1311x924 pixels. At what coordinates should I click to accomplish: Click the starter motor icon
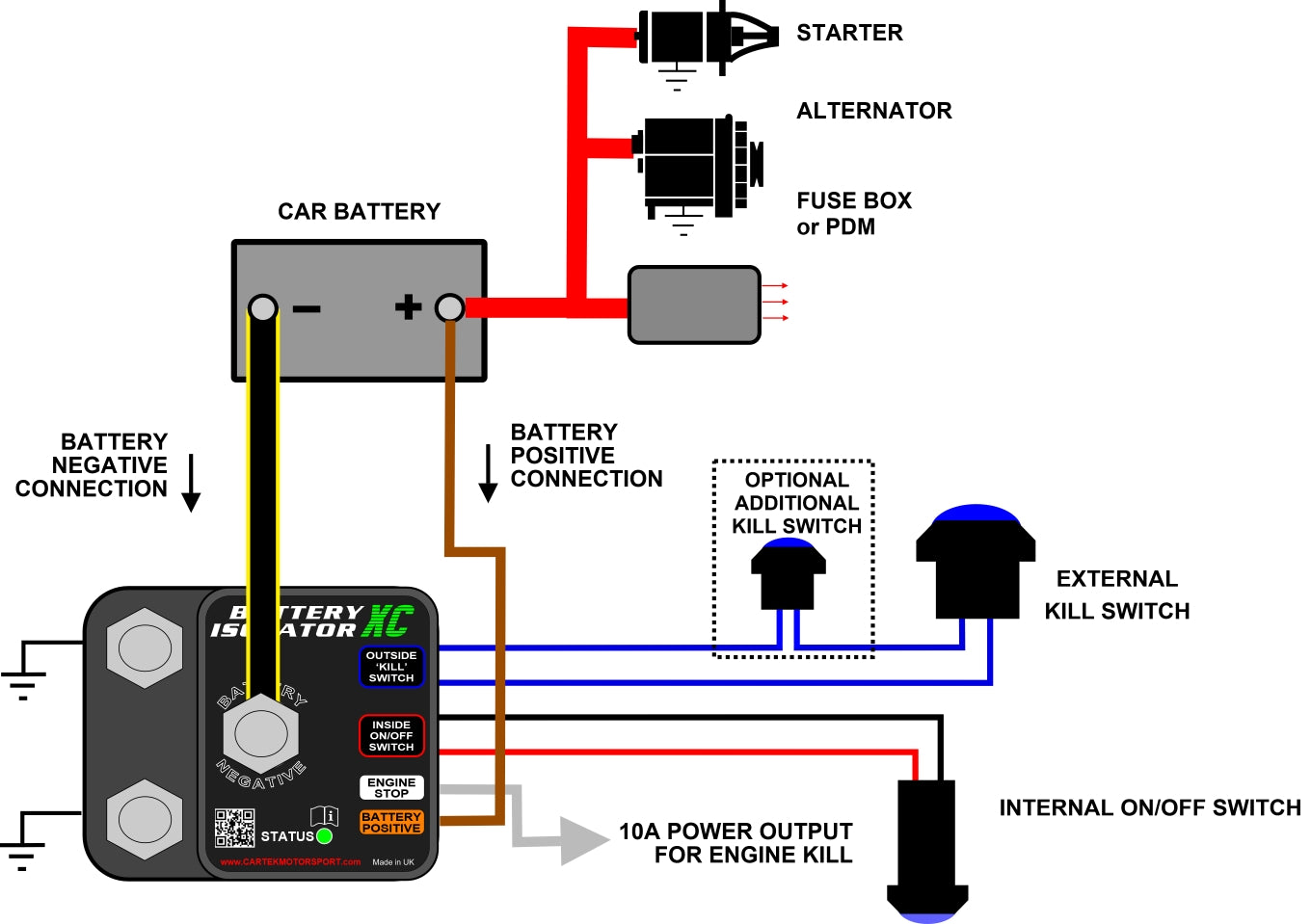tap(704, 39)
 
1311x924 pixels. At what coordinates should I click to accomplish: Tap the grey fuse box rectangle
tap(694, 304)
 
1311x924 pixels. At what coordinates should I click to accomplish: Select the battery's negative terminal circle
tap(262, 308)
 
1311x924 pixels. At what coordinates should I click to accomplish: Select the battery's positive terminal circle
tap(449, 308)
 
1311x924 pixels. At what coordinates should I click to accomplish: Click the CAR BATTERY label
tap(359, 212)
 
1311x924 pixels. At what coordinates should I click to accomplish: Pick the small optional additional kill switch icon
tap(788, 574)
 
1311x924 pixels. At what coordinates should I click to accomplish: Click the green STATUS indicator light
tap(325, 835)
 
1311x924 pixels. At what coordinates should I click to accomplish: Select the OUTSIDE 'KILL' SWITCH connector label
tap(391, 667)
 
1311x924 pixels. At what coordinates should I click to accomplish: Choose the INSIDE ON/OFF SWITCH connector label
tap(391, 736)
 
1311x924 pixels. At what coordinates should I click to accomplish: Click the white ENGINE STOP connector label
tap(391, 788)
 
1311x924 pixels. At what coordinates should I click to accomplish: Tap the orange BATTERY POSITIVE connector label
tap(391, 822)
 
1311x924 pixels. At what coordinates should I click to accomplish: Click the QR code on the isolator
tap(234, 828)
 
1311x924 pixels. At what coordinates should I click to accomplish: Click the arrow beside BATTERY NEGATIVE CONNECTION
tap(191, 482)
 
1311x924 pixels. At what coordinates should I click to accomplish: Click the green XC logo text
tap(388, 621)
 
